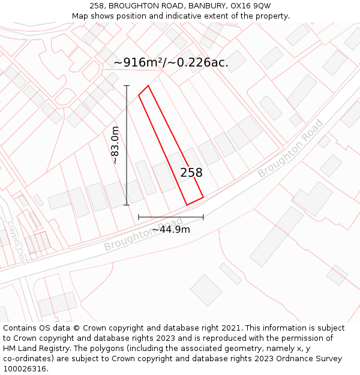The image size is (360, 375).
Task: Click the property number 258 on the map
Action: pyautogui.click(x=191, y=173)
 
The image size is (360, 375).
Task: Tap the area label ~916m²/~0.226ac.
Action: pyautogui.click(x=170, y=62)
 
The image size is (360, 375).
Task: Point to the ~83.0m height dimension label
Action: pyautogui.click(x=115, y=145)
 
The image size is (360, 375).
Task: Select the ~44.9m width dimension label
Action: pyautogui.click(x=170, y=229)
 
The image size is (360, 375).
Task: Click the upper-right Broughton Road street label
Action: pyautogui.click(x=290, y=148)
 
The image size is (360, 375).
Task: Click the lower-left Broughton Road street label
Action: pyautogui.click(x=143, y=234)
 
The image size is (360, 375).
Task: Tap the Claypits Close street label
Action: pyautogui.click(x=17, y=243)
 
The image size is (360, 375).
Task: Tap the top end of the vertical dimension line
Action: pyautogui.click(x=127, y=86)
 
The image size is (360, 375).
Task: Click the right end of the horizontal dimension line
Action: pyautogui.click(x=203, y=217)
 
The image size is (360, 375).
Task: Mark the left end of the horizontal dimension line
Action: pyautogui.click(x=139, y=217)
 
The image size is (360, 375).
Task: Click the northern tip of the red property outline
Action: pyautogui.click(x=148, y=85)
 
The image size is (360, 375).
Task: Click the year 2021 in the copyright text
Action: pyautogui.click(x=231, y=328)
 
